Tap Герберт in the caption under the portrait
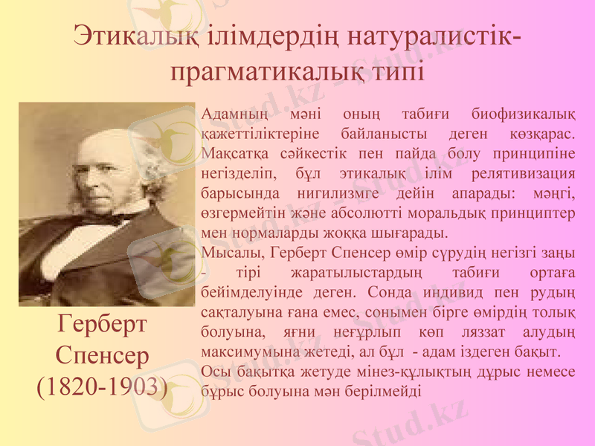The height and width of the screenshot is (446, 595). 103,326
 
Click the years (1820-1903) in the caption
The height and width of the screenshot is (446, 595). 103,386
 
